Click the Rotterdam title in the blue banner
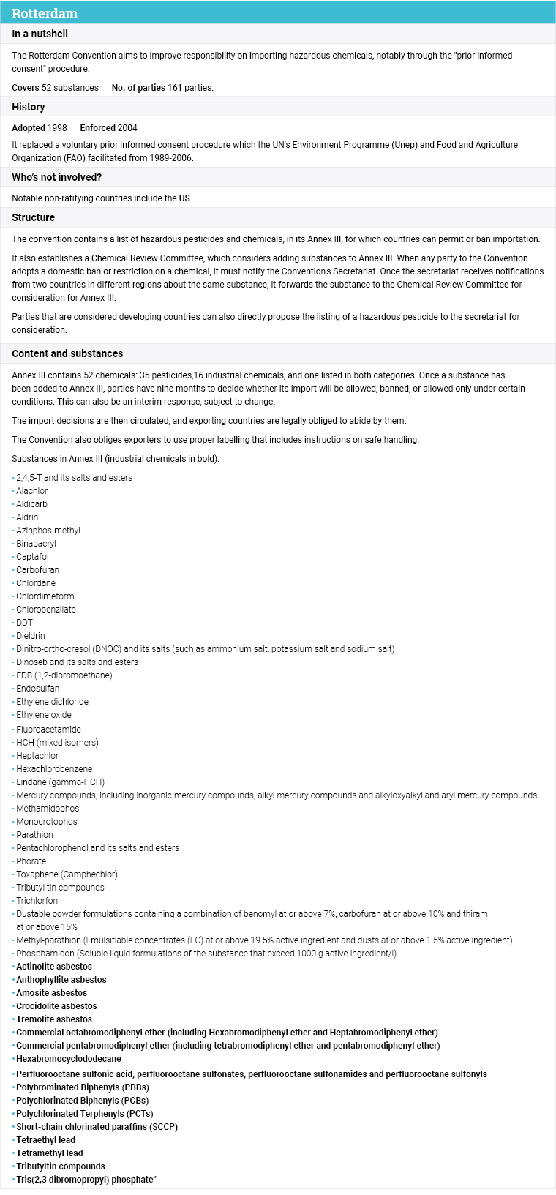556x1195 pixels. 45,13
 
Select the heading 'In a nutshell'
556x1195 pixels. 40,34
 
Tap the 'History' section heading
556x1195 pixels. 29,107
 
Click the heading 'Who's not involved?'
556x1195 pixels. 57,177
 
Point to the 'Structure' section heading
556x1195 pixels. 34,217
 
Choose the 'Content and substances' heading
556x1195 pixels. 67,353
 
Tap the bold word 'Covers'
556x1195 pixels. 26,88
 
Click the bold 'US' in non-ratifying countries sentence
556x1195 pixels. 185,198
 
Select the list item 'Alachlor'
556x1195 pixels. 32,491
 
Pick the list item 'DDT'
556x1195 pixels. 25,623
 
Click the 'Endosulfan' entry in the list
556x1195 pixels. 38,689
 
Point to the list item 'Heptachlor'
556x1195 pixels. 37,756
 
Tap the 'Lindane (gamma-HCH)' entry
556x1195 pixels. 60,782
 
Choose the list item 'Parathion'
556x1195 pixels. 34,835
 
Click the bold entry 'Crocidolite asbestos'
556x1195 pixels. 56,1006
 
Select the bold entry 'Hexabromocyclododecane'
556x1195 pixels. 69,1059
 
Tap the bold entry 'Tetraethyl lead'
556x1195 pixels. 45,1140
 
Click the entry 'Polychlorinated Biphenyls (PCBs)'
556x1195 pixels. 82,1101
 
